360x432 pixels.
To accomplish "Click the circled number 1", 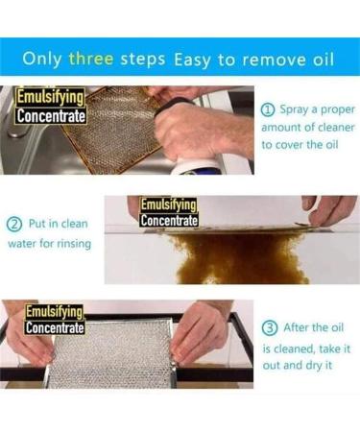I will coord(269,108).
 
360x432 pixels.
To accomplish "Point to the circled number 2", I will coord(14,224).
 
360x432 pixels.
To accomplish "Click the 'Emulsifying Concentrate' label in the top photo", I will coord(51,106).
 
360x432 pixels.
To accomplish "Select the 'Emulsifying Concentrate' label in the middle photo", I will coord(169,213).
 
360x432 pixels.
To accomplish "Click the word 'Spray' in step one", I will coord(297,108).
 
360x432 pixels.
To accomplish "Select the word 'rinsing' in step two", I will coord(74,243).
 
